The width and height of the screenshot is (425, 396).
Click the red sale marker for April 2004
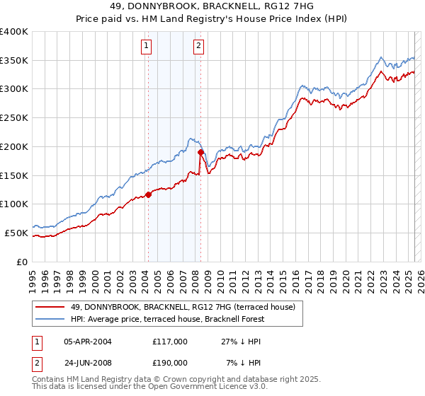(148, 194)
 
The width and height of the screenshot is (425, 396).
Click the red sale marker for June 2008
(201, 152)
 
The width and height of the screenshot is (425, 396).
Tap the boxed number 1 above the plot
(146, 47)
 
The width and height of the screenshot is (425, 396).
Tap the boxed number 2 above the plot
(198, 47)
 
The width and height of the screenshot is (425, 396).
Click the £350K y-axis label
(14, 60)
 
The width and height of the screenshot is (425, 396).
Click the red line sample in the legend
(50, 307)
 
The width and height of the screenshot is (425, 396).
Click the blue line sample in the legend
(50, 319)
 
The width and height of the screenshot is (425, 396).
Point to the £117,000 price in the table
(170, 342)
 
